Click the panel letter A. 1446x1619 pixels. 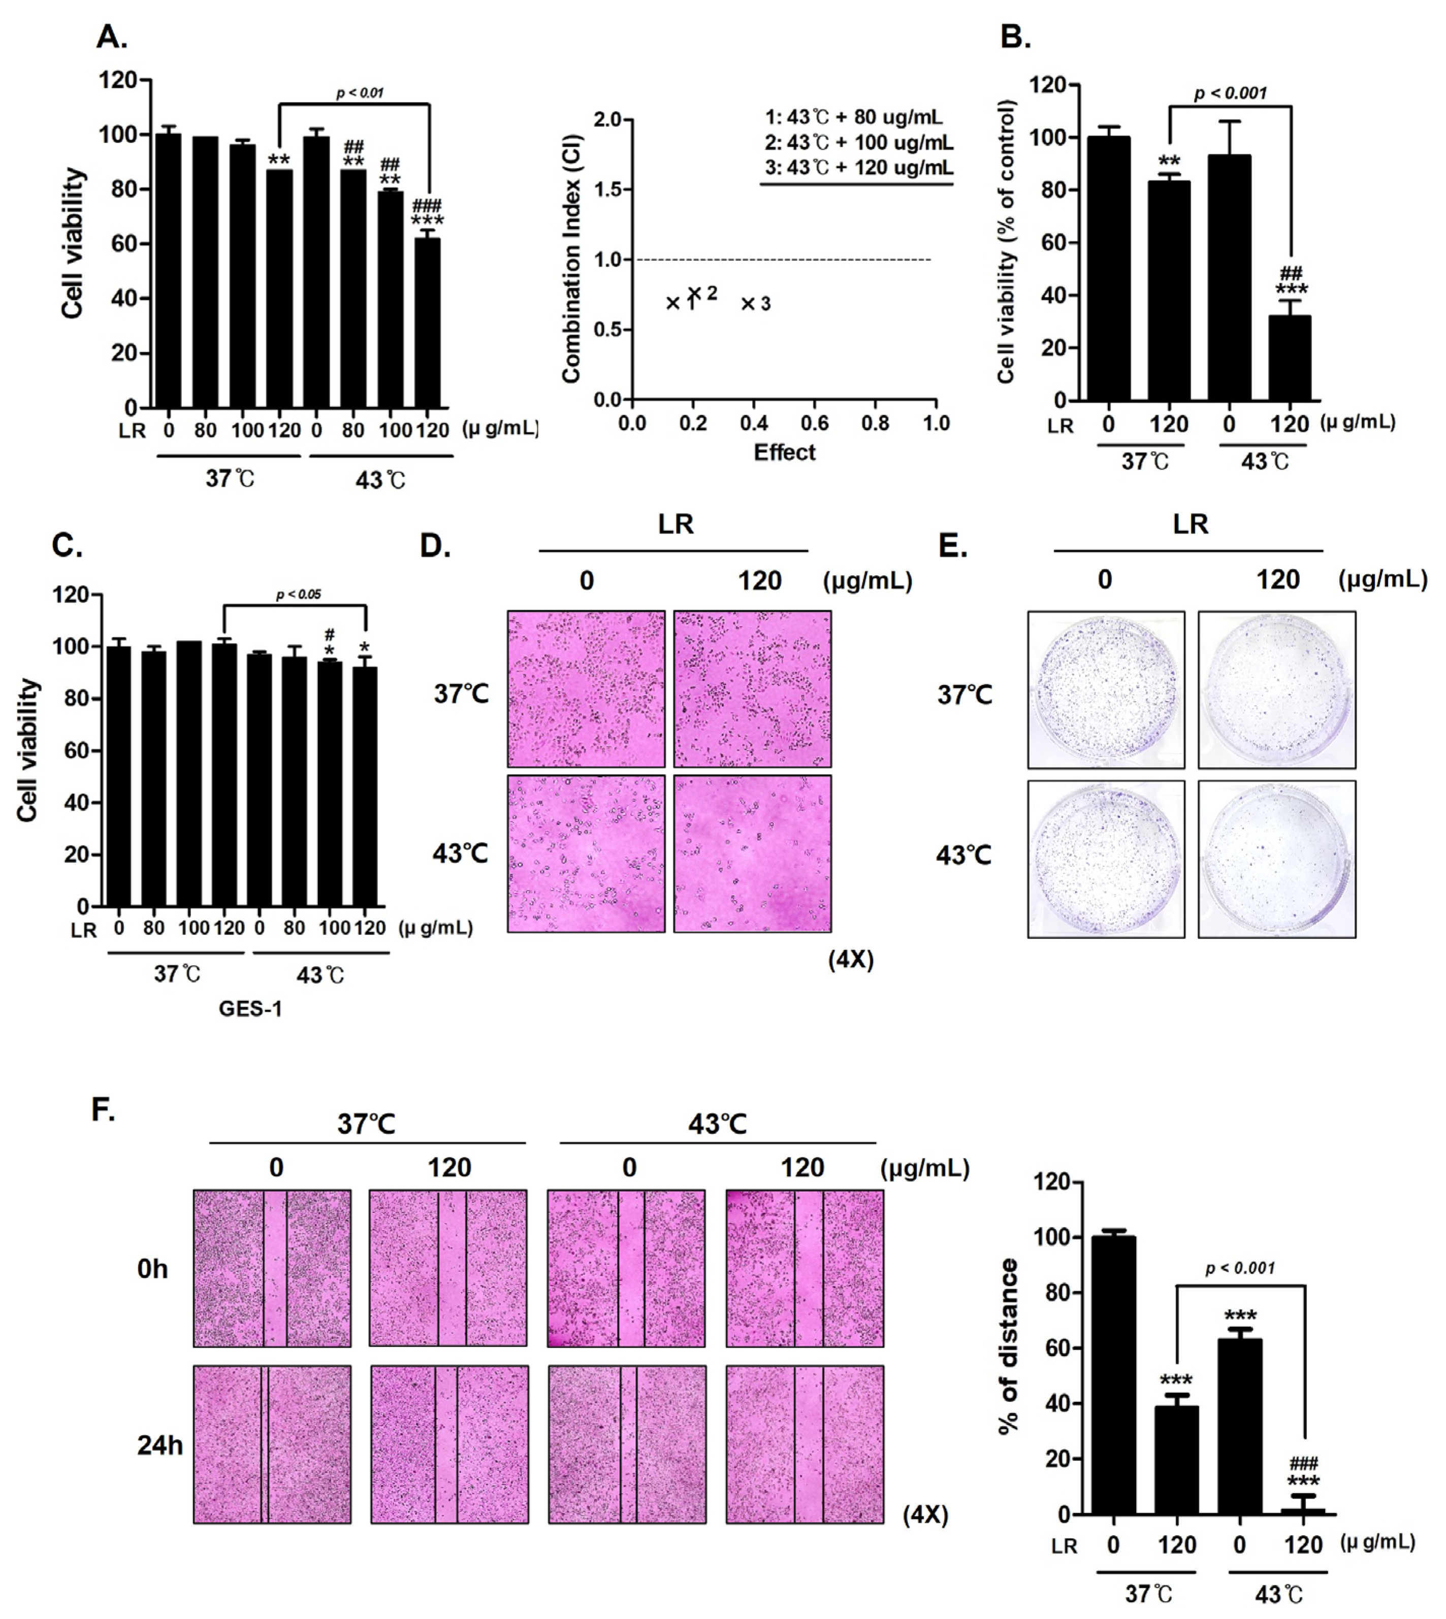point(111,37)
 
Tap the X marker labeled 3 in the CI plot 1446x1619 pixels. point(748,303)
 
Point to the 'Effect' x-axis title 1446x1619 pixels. point(784,452)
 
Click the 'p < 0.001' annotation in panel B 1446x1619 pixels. point(1230,93)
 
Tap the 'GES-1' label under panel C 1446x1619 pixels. point(250,1009)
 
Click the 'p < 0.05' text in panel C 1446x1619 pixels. point(298,594)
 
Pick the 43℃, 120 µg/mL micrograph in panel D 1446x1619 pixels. point(752,853)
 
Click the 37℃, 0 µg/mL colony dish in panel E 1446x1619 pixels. point(1106,689)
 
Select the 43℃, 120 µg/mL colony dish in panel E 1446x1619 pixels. point(1277,858)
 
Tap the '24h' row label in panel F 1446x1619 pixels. point(159,1445)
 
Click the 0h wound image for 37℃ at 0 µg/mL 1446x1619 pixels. point(272,1268)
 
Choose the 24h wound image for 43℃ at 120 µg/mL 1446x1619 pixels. point(804,1444)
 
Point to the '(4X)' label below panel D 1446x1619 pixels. point(851,960)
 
